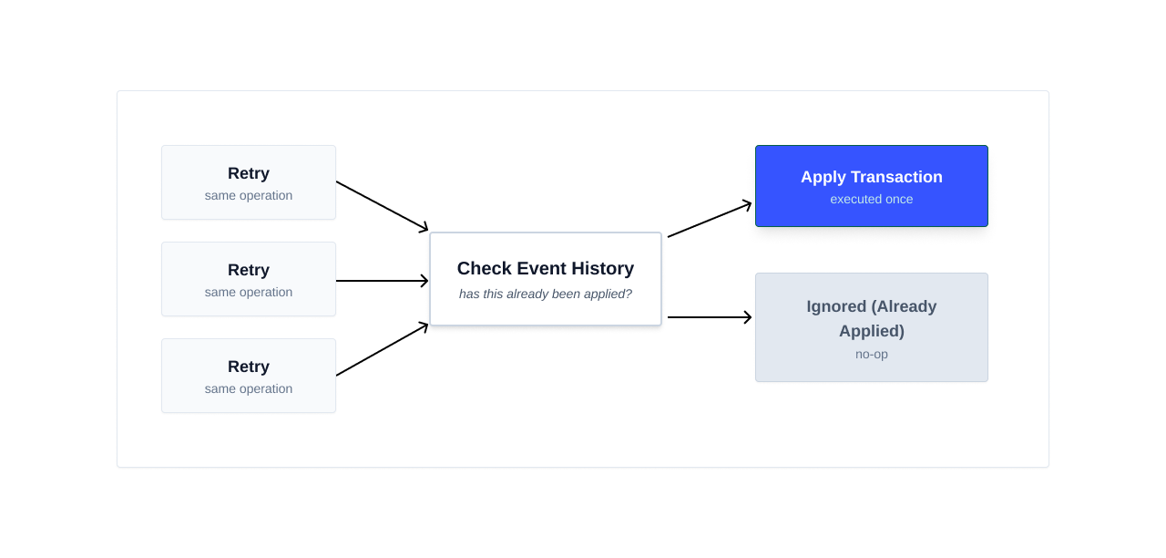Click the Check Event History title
coord(545,268)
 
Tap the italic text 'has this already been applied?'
coord(545,294)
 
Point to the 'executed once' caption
coord(871,199)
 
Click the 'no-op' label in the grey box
coord(871,354)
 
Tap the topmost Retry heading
coord(248,173)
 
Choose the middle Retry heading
coord(248,270)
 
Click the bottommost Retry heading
coord(248,367)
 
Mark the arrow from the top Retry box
coord(382,206)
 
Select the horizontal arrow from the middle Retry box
coord(382,281)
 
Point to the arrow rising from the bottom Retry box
coord(382,349)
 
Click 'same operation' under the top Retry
coord(248,195)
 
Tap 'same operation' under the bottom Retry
coord(248,388)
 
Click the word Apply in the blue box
coord(823,177)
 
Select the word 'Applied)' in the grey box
coord(871,330)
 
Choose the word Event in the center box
coord(538,268)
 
